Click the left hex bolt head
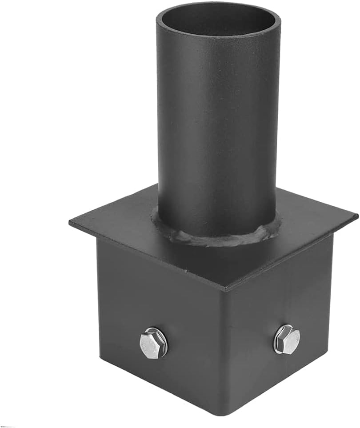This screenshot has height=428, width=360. click(154, 343)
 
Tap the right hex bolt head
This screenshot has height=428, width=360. click(287, 339)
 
